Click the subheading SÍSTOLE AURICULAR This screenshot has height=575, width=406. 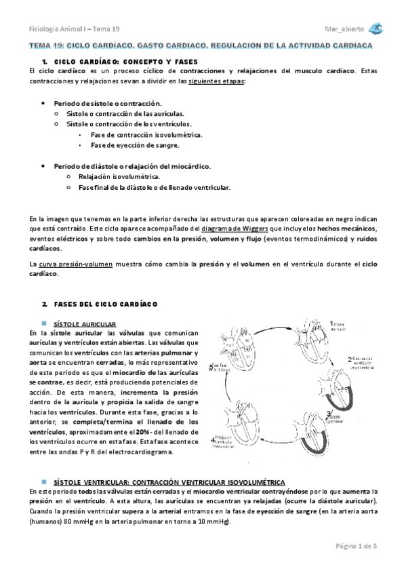(88, 325)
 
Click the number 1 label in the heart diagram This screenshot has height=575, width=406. (331, 323)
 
